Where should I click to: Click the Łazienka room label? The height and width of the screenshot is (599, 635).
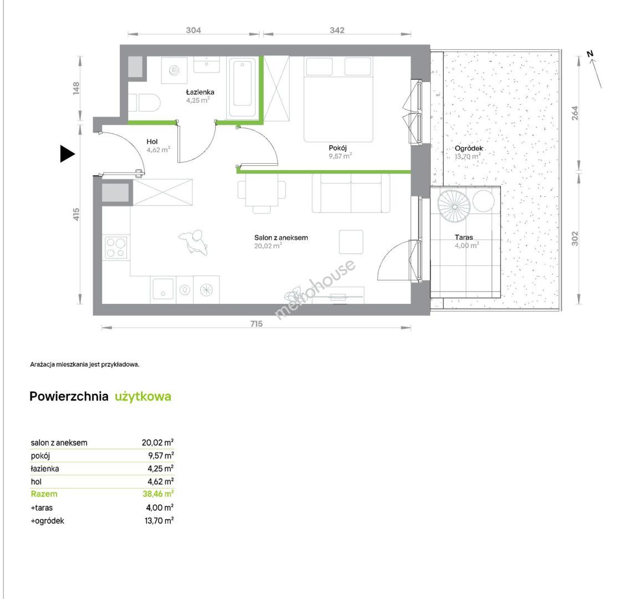click(x=200, y=92)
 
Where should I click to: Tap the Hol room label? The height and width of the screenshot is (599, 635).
click(x=152, y=141)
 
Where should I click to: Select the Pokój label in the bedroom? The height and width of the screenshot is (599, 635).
click(x=338, y=148)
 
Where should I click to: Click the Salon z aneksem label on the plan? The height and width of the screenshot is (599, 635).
click(x=281, y=238)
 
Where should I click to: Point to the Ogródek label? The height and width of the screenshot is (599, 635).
click(x=469, y=148)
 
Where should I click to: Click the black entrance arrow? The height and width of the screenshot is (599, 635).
click(x=67, y=154)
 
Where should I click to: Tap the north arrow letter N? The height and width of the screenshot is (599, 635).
click(x=590, y=54)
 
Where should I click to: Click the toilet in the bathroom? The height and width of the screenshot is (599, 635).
click(x=145, y=103)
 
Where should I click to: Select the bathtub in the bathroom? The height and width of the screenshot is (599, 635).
click(x=242, y=88)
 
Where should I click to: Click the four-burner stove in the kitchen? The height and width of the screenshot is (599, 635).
click(x=116, y=247)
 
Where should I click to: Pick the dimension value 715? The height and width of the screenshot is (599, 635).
click(x=256, y=323)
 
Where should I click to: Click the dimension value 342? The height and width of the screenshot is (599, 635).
click(x=337, y=30)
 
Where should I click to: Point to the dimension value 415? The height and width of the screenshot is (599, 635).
click(x=76, y=214)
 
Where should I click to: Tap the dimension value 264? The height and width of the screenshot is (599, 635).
click(x=575, y=113)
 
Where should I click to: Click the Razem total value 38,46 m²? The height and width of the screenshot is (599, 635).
click(x=158, y=494)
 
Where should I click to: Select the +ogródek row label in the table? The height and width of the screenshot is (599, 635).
click(x=47, y=521)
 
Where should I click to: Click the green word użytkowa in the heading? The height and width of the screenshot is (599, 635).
click(x=143, y=397)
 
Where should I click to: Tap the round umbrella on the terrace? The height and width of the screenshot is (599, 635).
click(x=454, y=206)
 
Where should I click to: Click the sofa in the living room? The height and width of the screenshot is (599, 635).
click(x=350, y=193)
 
